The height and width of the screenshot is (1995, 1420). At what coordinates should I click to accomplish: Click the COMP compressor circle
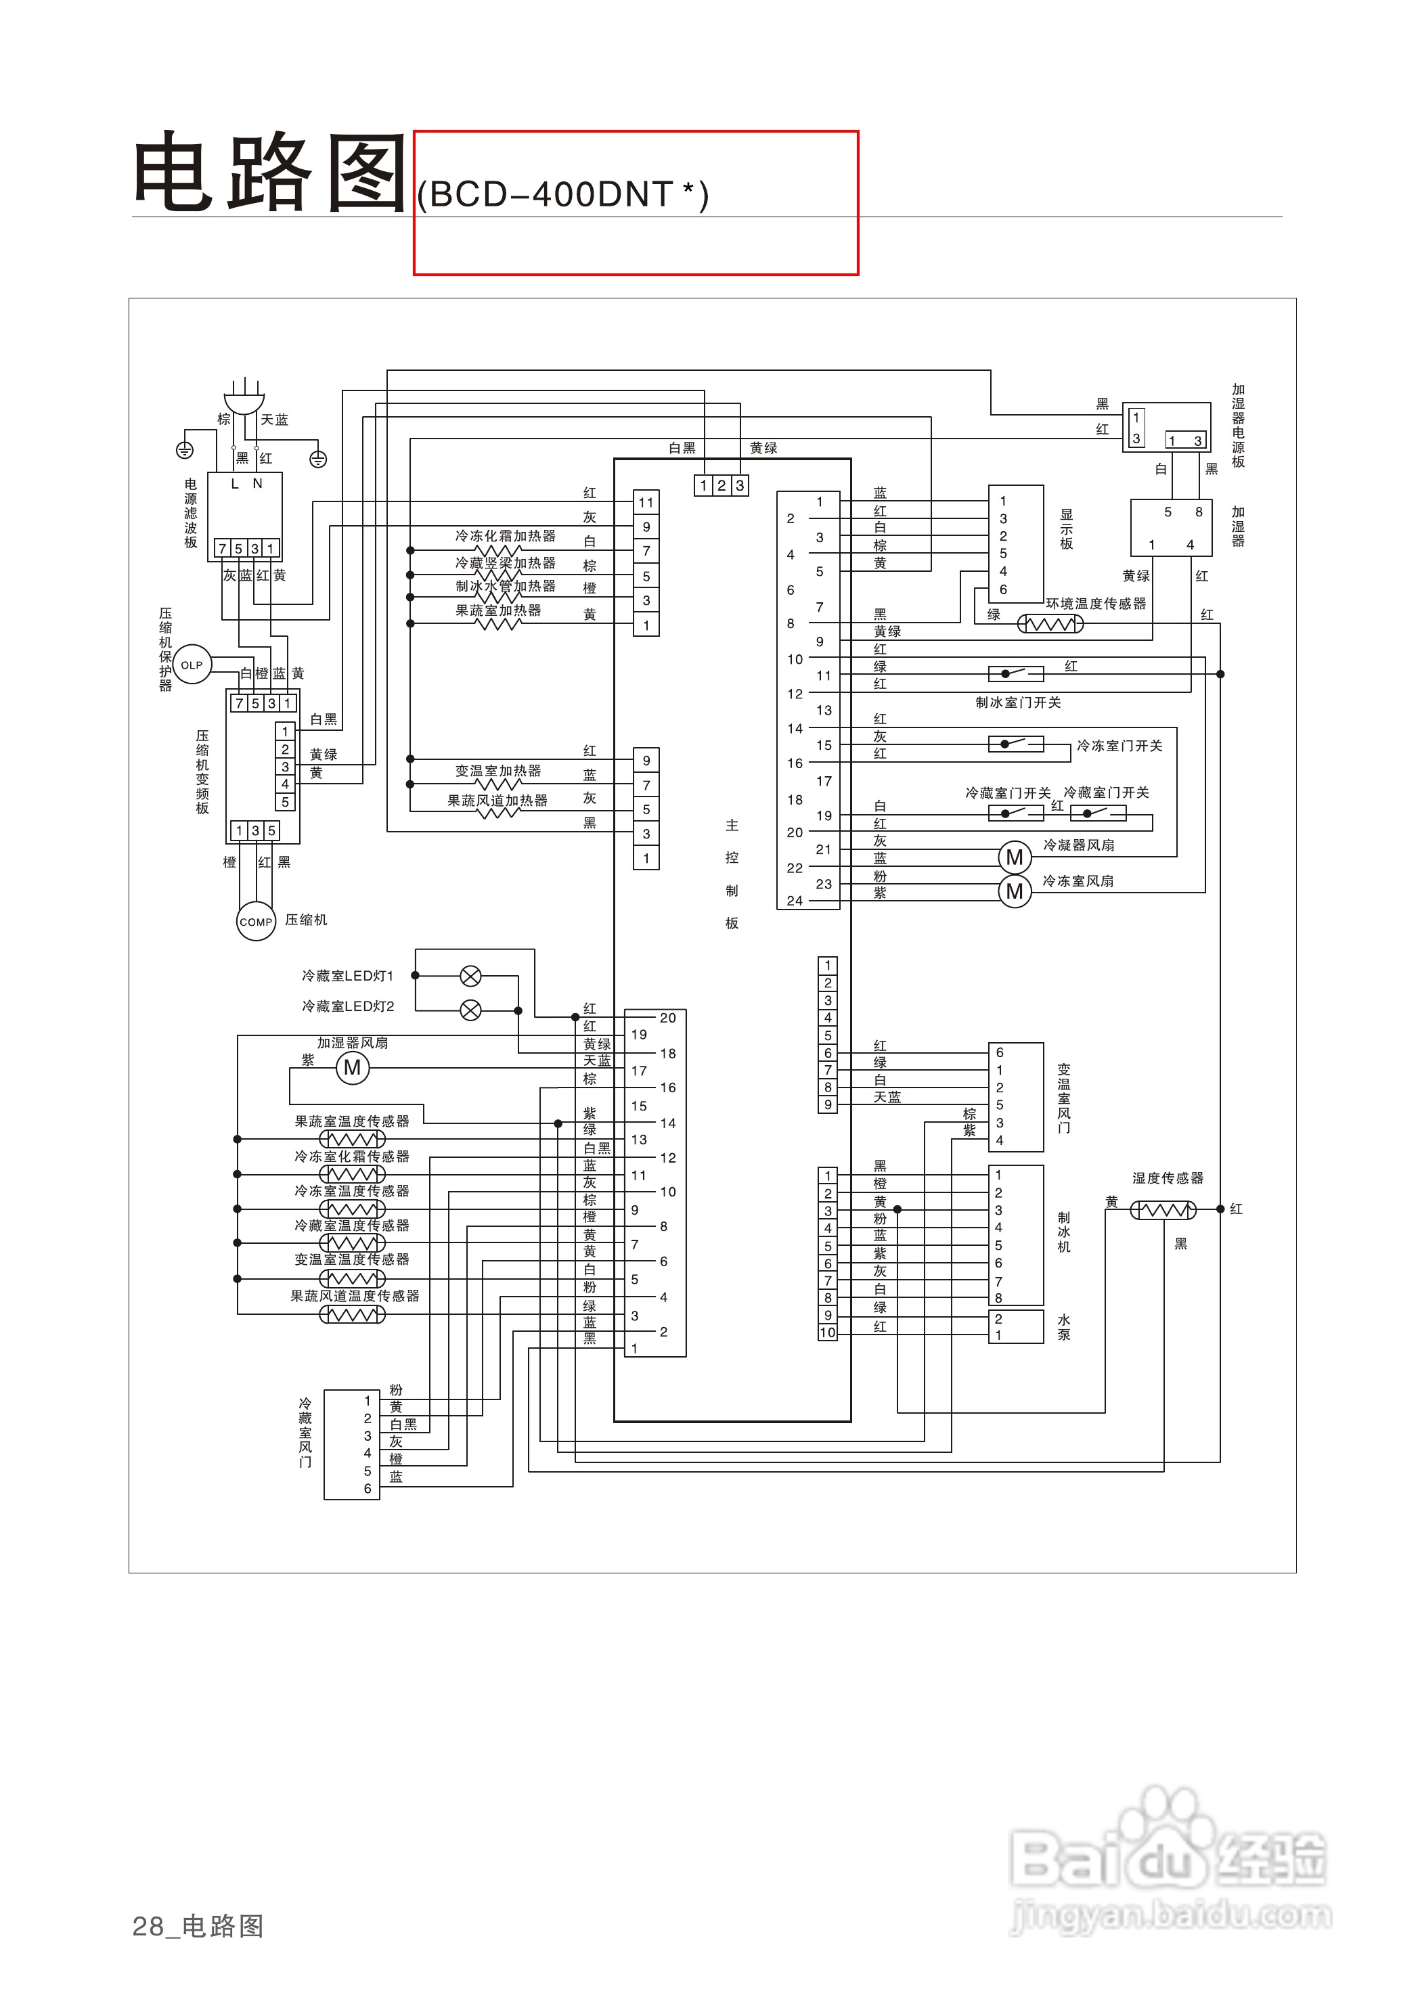pyautogui.click(x=257, y=922)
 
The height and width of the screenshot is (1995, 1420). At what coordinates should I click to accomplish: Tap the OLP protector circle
pyautogui.click(x=192, y=665)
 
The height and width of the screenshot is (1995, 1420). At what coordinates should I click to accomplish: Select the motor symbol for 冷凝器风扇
pyautogui.click(x=1015, y=857)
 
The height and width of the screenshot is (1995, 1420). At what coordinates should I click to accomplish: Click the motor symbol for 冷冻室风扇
pyautogui.click(x=1015, y=892)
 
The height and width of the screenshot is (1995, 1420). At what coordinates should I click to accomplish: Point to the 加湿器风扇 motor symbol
pyautogui.click(x=353, y=1067)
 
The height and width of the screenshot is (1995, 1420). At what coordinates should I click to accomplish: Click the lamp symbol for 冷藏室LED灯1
pyautogui.click(x=470, y=976)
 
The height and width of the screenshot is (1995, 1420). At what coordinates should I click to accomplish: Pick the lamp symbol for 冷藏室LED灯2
pyautogui.click(x=470, y=1010)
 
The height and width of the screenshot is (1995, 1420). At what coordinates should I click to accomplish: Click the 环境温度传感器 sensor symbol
pyautogui.click(x=1050, y=624)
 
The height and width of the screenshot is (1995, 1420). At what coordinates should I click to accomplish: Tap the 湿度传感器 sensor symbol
pyautogui.click(x=1163, y=1210)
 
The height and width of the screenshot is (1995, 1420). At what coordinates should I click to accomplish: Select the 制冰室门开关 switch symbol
pyautogui.click(x=1015, y=673)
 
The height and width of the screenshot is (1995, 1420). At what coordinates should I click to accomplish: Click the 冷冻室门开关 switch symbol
pyautogui.click(x=1015, y=744)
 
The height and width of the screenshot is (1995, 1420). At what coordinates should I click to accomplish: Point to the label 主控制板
pyautogui.click(x=732, y=874)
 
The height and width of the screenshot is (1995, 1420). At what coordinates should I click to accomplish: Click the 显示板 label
pyautogui.click(x=1066, y=529)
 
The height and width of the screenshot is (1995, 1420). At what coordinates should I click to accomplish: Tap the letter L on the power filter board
pyautogui.click(x=234, y=483)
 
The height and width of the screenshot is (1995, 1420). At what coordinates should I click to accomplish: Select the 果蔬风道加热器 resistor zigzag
pyautogui.click(x=497, y=812)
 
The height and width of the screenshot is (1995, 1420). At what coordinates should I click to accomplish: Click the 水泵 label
pyautogui.click(x=1063, y=1327)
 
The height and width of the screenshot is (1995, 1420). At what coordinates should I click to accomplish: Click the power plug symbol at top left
pyautogui.click(x=245, y=399)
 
